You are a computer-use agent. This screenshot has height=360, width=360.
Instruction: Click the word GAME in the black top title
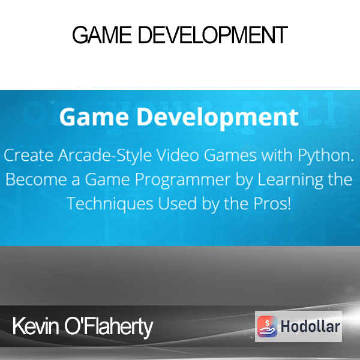102,35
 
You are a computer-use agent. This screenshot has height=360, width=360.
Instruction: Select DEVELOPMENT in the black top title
213,35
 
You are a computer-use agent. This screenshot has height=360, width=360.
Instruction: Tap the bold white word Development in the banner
218,118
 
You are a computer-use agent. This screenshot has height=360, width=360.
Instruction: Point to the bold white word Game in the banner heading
94,117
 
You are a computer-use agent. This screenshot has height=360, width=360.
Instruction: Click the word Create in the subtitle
29,155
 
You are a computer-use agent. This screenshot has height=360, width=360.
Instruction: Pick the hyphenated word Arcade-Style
105,156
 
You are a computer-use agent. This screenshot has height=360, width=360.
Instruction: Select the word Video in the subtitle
178,155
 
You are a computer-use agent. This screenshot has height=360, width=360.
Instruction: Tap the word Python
326,156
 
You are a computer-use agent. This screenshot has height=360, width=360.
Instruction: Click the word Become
36,179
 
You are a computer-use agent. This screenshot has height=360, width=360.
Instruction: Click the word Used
177,203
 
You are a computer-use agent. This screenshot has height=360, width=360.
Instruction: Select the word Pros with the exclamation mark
272,203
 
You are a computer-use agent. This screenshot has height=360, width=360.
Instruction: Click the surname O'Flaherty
109,328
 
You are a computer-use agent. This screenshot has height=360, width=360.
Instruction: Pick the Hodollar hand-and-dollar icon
267,326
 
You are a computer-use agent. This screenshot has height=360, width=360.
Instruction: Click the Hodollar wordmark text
310,326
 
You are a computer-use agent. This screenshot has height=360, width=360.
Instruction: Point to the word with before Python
277,155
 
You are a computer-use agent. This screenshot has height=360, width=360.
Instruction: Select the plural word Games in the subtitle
230,155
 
